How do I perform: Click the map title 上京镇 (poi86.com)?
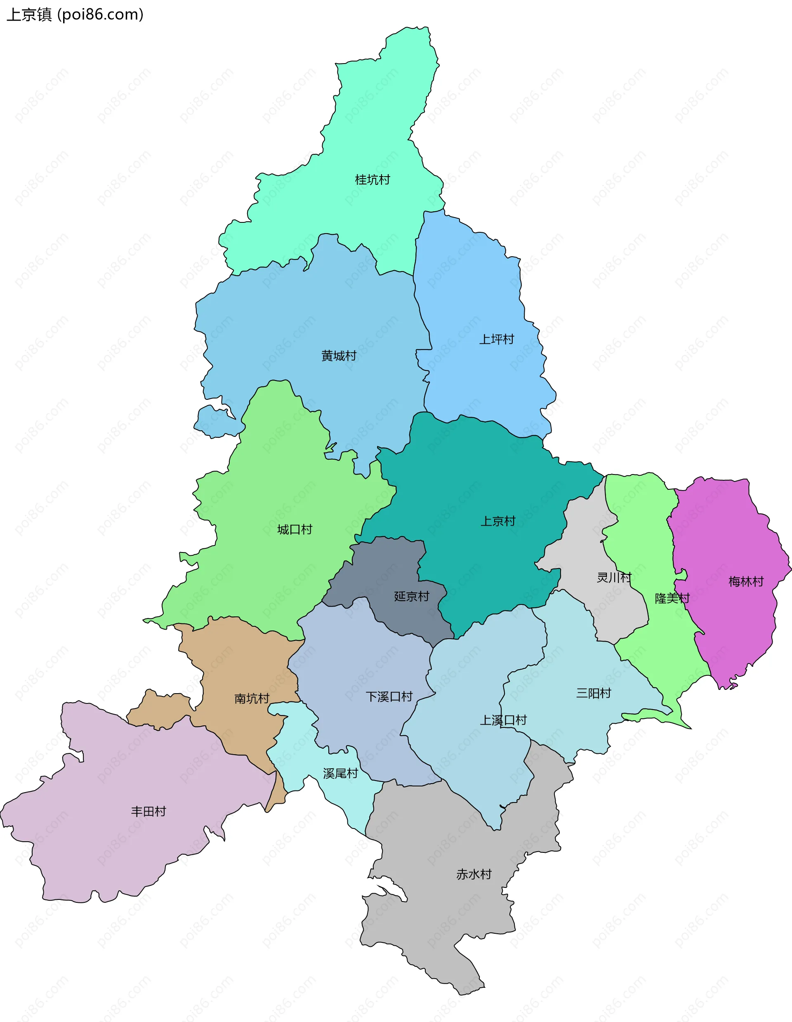75,14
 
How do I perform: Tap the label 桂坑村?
372,180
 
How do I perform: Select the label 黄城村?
339,356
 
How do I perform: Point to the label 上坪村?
496,339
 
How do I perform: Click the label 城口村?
295,530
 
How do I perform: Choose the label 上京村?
498,521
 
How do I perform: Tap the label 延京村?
411,597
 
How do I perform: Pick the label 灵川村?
614,578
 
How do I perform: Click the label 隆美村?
672,598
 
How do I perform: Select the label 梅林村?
746,582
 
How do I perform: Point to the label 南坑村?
252,699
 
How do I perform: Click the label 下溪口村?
389,697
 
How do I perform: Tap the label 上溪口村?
503,720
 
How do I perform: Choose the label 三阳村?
594,693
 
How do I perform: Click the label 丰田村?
149,812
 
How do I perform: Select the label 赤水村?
474,874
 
